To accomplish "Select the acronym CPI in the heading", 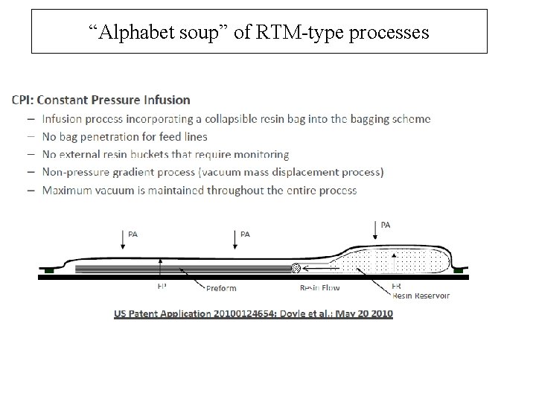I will click(23, 100).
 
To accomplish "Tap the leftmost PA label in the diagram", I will click(133, 234).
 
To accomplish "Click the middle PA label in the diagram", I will click(245, 234).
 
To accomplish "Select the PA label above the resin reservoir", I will click(386, 224).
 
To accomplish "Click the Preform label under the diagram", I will click(221, 287).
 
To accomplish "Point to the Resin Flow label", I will click(319, 287).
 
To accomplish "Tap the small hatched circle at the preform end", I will click(296, 268).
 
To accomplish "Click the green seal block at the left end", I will click(49, 271).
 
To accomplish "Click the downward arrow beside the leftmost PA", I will click(123, 239).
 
